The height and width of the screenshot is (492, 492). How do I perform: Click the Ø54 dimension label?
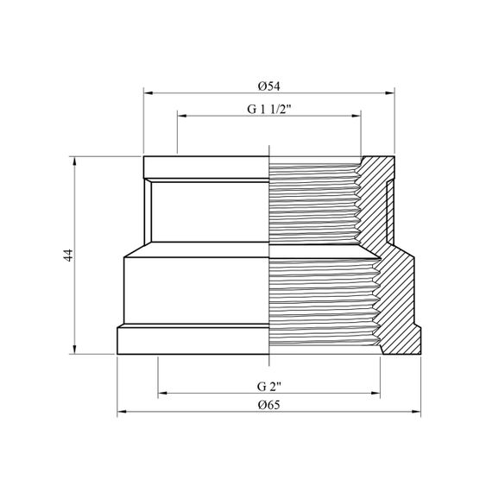pyautogui.click(x=269, y=86)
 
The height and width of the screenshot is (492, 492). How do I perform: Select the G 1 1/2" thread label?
pyautogui.click(x=269, y=110)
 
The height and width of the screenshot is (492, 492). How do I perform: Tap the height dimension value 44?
pyautogui.click(x=68, y=255)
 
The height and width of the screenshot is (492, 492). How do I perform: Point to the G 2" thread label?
pyautogui.click(x=269, y=387)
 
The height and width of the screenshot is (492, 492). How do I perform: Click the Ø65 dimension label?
pyautogui.click(x=269, y=405)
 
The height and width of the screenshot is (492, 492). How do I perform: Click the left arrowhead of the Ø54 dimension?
pyautogui.click(x=148, y=93)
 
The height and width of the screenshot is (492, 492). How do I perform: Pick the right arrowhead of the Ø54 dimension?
pyautogui.click(x=389, y=93)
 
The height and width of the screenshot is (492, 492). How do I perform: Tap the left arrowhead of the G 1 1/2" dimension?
pyautogui.click(x=182, y=116)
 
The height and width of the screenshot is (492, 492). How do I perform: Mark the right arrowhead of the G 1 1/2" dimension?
pyautogui.click(x=356, y=116)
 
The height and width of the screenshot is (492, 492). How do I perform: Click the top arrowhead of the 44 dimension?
pyautogui.click(x=74, y=161)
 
